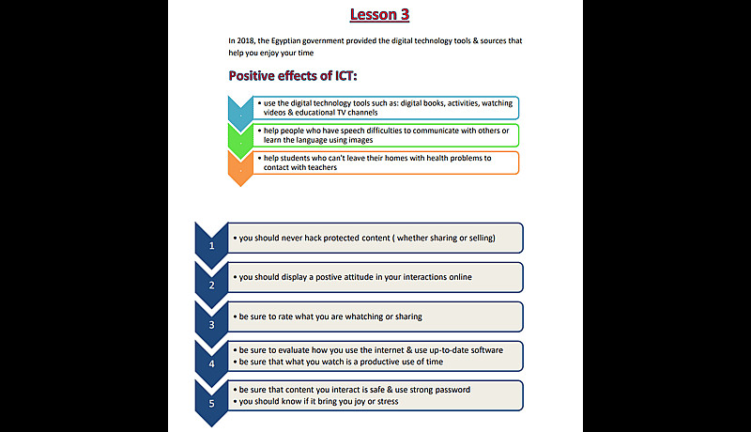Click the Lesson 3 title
click(379, 14)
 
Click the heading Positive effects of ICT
click(293, 76)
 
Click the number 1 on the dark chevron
click(212, 245)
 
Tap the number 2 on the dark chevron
click(212, 285)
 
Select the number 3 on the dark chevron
click(212, 324)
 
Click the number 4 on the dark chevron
click(212, 363)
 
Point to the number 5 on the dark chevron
click(212, 403)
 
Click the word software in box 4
click(483, 349)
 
